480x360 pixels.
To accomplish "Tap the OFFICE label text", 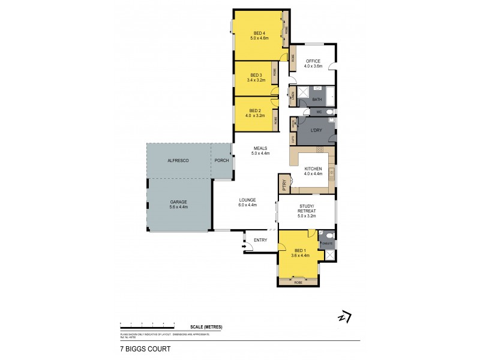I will pyautogui.click(x=313, y=61).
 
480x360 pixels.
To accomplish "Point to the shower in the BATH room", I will pyautogui.click(x=302, y=94).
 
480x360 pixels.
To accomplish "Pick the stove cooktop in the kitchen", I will pyautogui.click(x=320, y=149).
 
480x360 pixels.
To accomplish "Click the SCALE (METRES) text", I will pyautogui.click(x=206, y=326).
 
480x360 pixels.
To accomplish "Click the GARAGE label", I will pyautogui.click(x=179, y=202).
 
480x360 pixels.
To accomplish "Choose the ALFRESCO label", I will pyautogui.click(x=178, y=161).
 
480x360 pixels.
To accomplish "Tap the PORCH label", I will pyautogui.click(x=221, y=161).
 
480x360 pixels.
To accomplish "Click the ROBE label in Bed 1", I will pyautogui.click(x=298, y=282).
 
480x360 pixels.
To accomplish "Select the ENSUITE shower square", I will pyautogui.click(x=329, y=254).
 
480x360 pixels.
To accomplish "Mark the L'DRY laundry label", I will pyautogui.click(x=316, y=130).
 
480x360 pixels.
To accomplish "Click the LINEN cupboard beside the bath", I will pyautogui.click(x=292, y=96).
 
